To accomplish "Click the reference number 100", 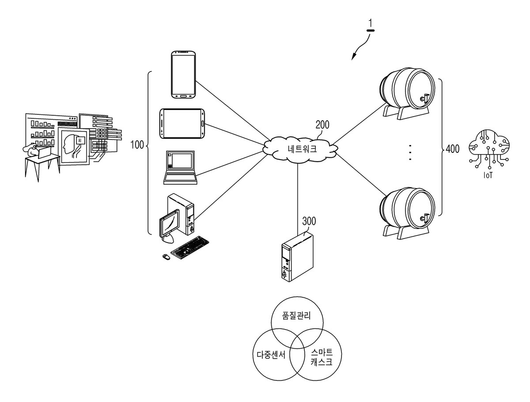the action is [x=137, y=144].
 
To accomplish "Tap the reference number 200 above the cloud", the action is [x=322, y=125].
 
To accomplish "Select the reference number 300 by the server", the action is [x=309, y=221].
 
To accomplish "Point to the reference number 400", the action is [x=453, y=149].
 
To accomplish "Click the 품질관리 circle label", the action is [x=296, y=315].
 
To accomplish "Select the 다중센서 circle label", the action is [x=271, y=355].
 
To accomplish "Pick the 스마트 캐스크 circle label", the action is [x=322, y=357].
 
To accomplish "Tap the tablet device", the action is [x=182, y=124].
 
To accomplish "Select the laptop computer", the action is [x=180, y=167].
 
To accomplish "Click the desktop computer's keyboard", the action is [x=190, y=247].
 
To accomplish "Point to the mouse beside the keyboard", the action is [x=166, y=256].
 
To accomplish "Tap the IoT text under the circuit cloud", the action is [x=488, y=175].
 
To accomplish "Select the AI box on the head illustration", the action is [x=79, y=140].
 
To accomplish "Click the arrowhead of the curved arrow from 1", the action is [x=353, y=57].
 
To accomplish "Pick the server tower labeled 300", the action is [x=298, y=257].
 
